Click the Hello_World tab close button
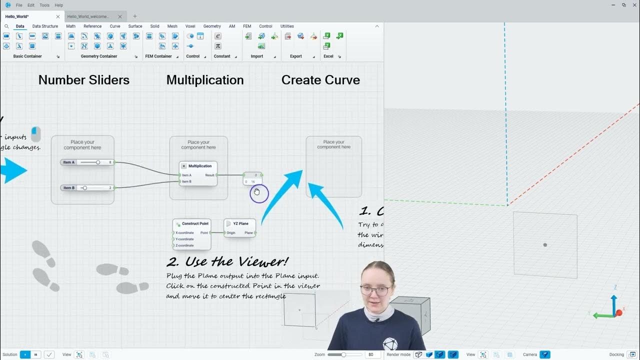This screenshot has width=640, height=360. pyautogui.click(x=58, y=16)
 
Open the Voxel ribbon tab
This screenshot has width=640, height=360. pyautogui.click(x=190, y=26)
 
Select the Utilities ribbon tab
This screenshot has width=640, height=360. pyautogui.click(x=287, y=26)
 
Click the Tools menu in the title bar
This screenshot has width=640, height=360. pyautogui.click(x=44, y=5)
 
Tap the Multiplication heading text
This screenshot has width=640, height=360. pyautogui.click(x=205, y=80)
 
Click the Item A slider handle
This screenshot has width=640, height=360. pyautogui.click(x=98, y=162)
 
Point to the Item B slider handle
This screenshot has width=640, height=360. pyautogui.click(x=84, y=188)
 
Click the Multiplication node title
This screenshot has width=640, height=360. pyautogui.click(x=200, y=166)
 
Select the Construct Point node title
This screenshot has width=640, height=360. pyautogui.click(x=195, y=223)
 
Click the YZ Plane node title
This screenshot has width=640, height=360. pyautogui.click(x=240, y=223)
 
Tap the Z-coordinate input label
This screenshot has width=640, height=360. pyautogui.click(x=184, y=245)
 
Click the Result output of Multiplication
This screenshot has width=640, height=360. pyautogui.click(x=210, y=175)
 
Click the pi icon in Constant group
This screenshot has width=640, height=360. pyautogui.click(x=218, y=46)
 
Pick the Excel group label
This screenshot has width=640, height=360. pyautogui.click(x=328, y=56)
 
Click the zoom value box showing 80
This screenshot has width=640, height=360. pyautogui.click(x=371, y=354)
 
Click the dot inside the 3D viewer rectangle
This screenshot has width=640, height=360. pyautogui.click(x=545, y=245)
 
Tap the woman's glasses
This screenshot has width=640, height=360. pyautogui.click(x=376, y=290)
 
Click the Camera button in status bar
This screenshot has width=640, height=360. pyautogui.click(x=545, y=354)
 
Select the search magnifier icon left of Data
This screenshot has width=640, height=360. pyautogui.click(x=6, y=26)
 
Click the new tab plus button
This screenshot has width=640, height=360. pyautogui.click(x=134, y=16)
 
